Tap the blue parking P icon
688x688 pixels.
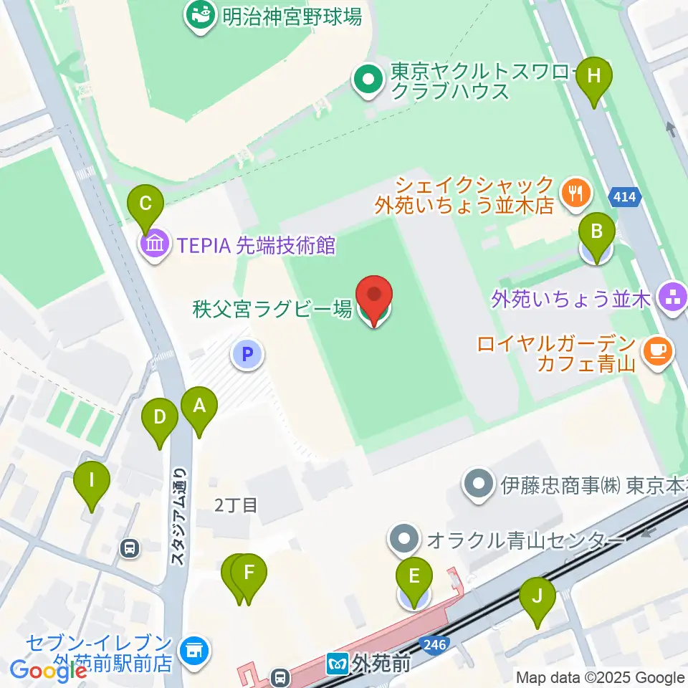247,353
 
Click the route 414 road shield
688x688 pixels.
623,196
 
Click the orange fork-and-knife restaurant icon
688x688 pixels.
575,191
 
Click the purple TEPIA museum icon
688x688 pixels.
156,246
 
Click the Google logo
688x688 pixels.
49,671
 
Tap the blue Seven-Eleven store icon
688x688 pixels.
192,650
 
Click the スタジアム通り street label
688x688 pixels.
179,516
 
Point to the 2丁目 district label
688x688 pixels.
236,505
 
